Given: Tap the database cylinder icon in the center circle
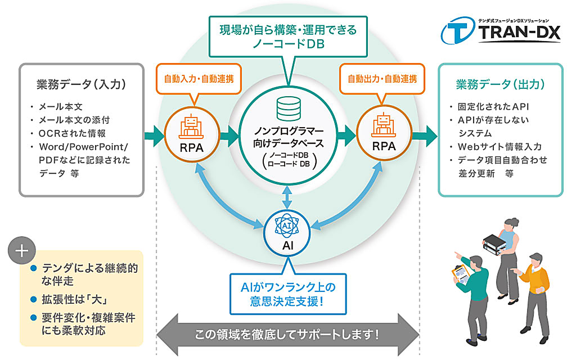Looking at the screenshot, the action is (289, 109).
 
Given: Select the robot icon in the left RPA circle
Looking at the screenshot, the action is (191, 127).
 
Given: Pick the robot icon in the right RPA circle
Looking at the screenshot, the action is (384, 125).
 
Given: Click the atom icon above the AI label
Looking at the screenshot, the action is (287, 226).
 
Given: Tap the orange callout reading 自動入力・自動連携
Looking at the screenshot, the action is (199, 79).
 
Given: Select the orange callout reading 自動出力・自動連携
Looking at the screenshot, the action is (382, 79).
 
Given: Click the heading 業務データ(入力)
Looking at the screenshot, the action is (81, 84).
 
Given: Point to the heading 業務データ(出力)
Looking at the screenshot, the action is (500, 84).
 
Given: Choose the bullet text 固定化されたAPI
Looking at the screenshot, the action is (493, 106).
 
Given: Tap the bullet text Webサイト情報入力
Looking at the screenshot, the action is (499, 147).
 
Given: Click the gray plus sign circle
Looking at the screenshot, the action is (22, 250).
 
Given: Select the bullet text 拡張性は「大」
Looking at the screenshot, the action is (74, 299).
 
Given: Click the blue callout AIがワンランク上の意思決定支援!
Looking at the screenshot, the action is (288, 294).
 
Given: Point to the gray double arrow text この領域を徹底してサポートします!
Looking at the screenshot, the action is (287, 335).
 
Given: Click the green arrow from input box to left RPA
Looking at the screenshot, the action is (154, 136).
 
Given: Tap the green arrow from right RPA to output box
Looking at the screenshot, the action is (425, 136).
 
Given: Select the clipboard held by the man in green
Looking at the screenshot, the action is (460, 273).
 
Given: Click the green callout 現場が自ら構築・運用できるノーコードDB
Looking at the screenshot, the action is (288, 37).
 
